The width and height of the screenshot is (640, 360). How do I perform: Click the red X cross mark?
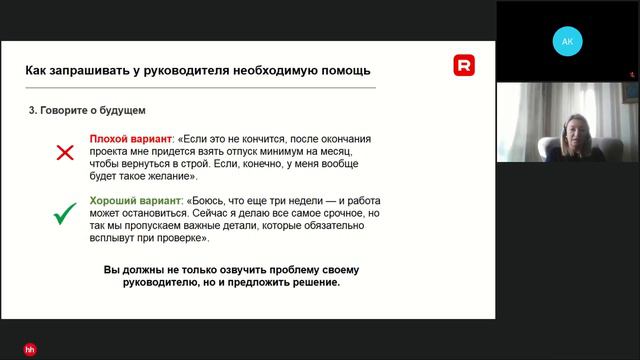(x=65, y=153)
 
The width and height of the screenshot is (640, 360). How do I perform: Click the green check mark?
(x=66, y=213)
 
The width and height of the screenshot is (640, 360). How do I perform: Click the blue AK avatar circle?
(x=567, y=42)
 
